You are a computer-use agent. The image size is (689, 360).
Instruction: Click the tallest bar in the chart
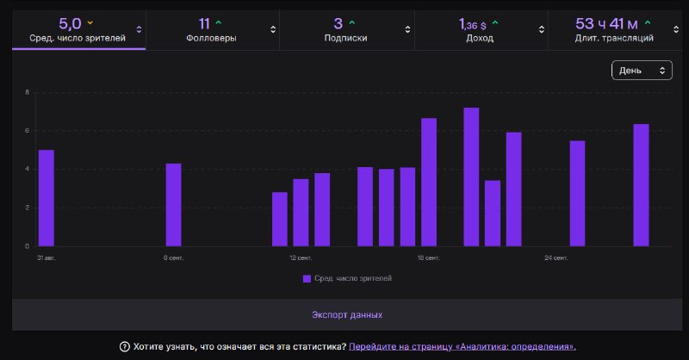[x=471, y=177]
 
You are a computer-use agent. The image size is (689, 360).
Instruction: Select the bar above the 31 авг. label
[x=47, y=198]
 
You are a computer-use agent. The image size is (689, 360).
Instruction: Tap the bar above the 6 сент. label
[x=174, y=205]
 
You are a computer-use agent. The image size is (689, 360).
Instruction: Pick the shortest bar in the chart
[x=280, y=219]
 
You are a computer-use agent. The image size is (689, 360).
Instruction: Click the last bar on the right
[x=641, y=185]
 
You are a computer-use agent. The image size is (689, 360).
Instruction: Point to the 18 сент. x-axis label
[x=428, y=258]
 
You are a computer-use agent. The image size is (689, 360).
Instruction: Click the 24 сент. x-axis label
[x=556, y=258]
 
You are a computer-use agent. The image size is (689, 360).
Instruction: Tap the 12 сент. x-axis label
[x=301, y=258]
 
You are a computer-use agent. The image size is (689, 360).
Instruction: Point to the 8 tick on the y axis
[x=28, y=92]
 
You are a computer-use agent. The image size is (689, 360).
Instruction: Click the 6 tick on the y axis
[x=28, y=131]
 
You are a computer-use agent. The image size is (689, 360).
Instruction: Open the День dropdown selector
[x=642, y=71]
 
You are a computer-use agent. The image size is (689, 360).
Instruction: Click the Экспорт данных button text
[x=347, y=314]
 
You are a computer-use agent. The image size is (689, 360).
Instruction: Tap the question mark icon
[x=124, y=347]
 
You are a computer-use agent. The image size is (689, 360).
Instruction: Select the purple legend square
[x=307, y=278]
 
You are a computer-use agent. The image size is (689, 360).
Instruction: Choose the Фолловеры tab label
[x=211, y=38]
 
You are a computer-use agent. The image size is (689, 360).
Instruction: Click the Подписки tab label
[x=346, y=38]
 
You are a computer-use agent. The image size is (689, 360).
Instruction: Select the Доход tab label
[x=480, y=38]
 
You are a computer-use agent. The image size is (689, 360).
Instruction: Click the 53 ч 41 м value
[x=606, y=24]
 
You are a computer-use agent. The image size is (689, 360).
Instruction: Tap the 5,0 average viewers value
[x=70, y=24]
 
